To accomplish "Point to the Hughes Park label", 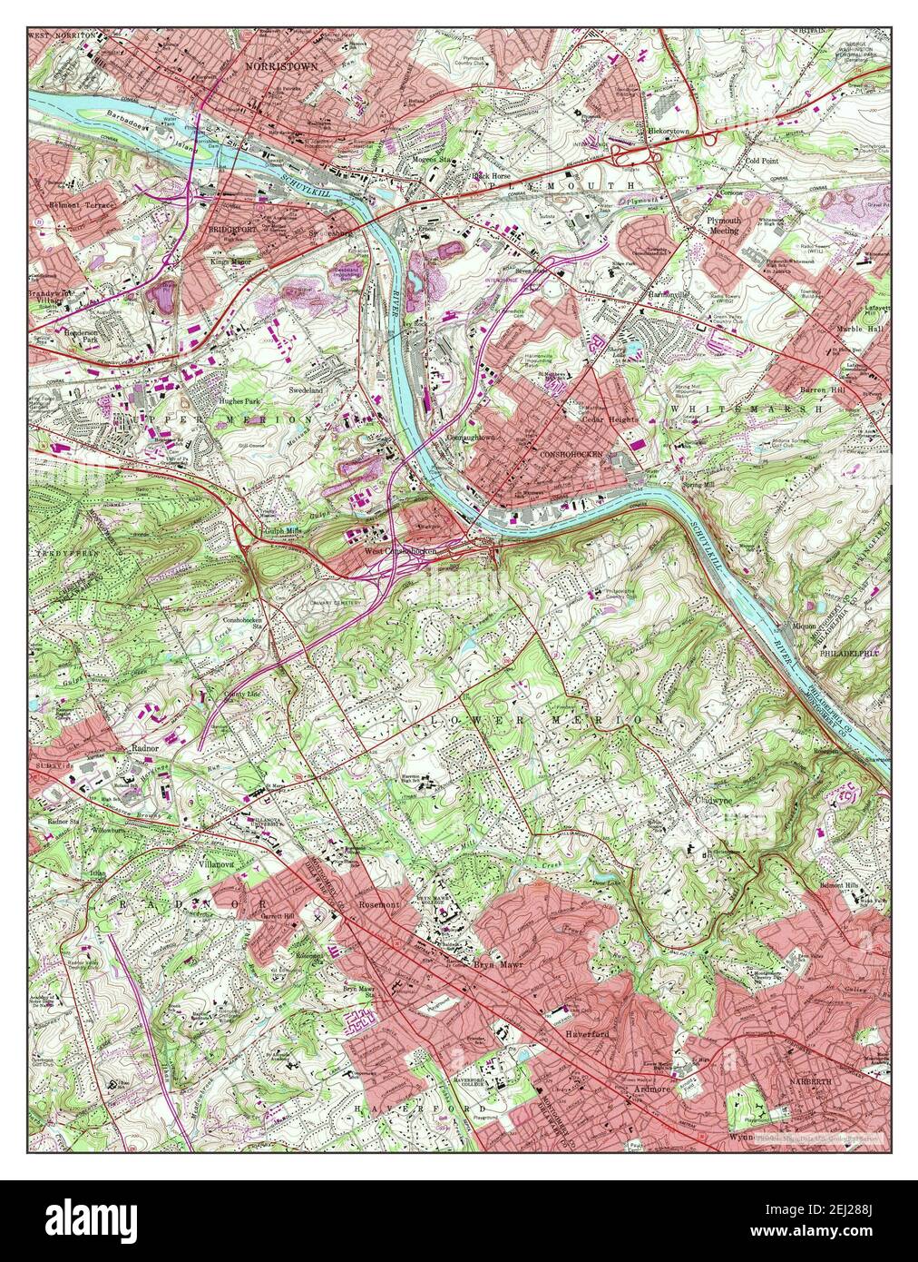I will click(240, 399).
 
